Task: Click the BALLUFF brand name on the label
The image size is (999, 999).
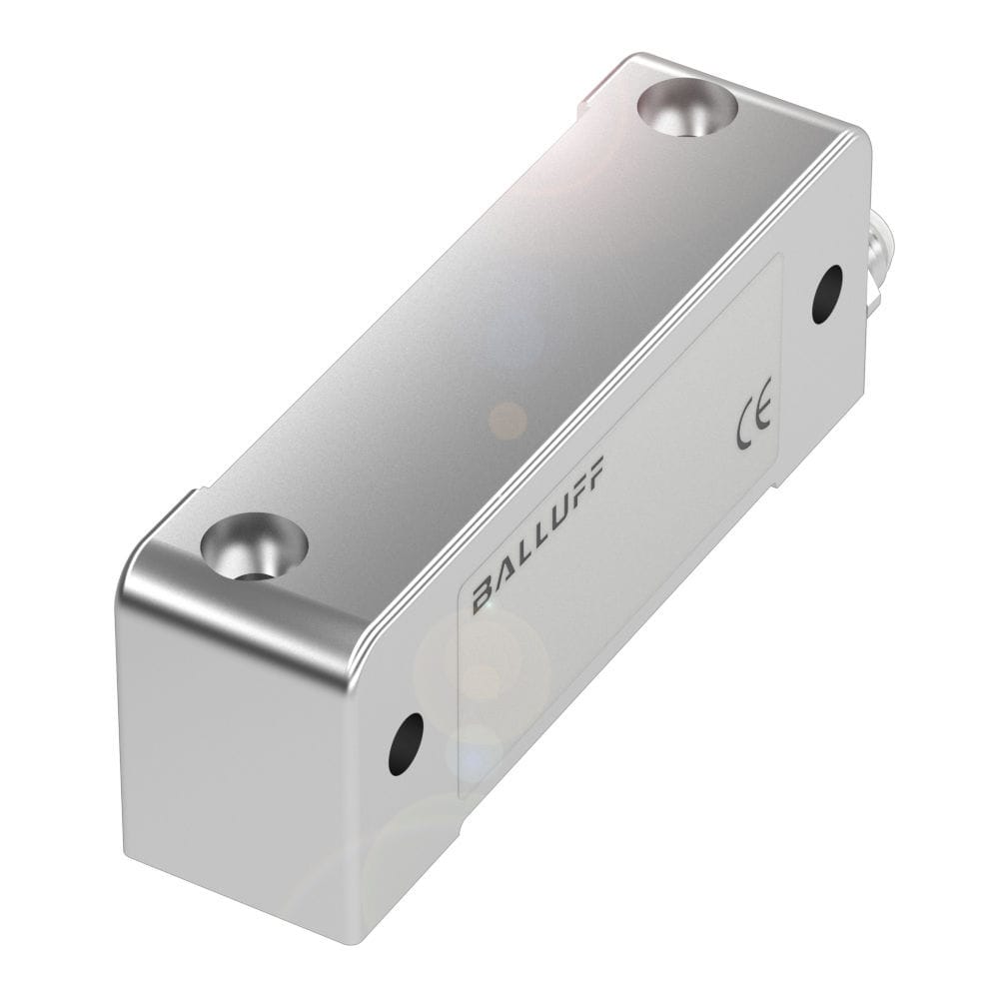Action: tap(537, 534)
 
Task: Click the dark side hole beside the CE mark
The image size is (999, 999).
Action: tap(826, 294)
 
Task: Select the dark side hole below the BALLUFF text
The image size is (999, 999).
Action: tap(406, 743)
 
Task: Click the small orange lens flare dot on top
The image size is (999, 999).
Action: tap(507, 420)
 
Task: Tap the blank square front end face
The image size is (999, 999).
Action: tap(240, 769)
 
